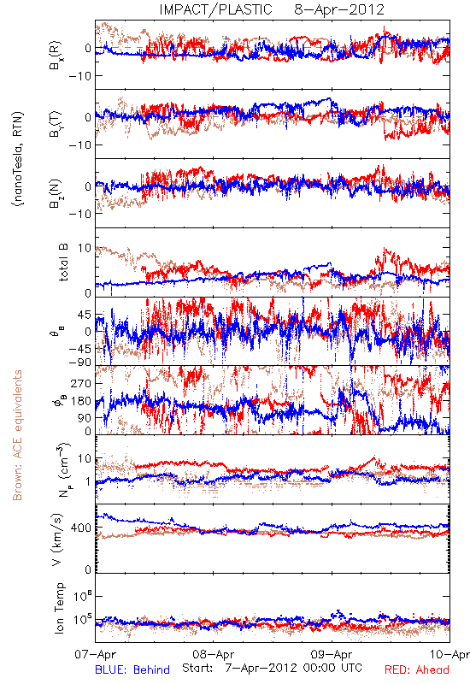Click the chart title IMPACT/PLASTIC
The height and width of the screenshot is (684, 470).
pyautogui.click(x=215, y=9)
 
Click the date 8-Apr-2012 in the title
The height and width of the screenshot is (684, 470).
pyautogui.click(x=339, y=9)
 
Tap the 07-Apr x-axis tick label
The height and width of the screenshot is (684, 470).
pyautogui.click(x=96, y=654)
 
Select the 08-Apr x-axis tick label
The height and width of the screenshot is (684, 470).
pyautogui.click(x=213, y=654)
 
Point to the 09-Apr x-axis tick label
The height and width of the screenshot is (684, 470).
pyautogui.click(x=332, y=654)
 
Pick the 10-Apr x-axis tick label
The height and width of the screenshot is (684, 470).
pyautogui.click(x=449, y=654)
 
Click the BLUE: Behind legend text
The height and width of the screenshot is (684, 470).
pyautogui.click(x=132, y=670)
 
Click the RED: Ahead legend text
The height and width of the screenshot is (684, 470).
pyautogui.click(x=416, y=670)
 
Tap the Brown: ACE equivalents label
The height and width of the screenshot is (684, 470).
pyautogui.click(x=17, y=435)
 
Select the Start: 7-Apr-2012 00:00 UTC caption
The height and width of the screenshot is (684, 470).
pyautogui.click(x=272, y=668)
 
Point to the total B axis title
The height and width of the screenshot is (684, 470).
pyautogui.click(x=63, y=262)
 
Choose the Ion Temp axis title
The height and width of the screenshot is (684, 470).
pyautogui.click(x=59, y=608)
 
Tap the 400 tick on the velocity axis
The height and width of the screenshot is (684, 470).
pyautogui.click(x=81, y=528)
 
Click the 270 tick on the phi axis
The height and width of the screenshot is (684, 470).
pyautogui.click(x=81, y=383)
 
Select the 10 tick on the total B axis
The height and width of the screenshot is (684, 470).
pyautogui.click(x=85, y=248)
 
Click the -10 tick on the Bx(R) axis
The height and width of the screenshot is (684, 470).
pyautogui.click(x=79, y=76)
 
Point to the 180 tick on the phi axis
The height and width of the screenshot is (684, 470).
pyautogui.click(x=81, y=401)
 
